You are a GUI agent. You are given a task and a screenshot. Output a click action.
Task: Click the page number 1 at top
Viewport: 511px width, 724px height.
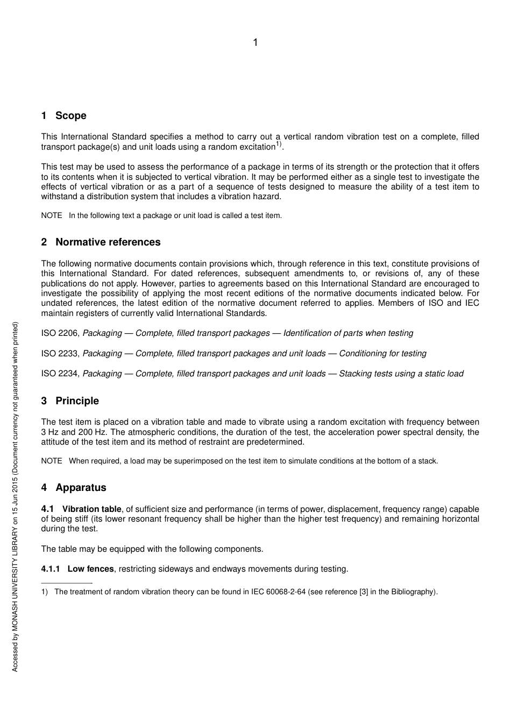coord(256,43)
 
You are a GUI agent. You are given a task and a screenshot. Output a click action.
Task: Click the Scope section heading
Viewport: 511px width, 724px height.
coord(70,116)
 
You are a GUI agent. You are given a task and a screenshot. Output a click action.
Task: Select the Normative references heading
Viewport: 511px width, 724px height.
coord(108,242)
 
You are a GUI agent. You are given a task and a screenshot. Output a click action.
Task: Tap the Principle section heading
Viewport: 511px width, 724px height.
coord(77,401)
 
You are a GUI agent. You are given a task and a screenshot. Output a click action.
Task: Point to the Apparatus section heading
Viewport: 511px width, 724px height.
coord(81,488)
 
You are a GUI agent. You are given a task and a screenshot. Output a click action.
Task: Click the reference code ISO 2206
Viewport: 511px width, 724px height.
coord(60,333)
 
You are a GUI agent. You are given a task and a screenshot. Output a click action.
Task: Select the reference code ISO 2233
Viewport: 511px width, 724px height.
coord(60,354)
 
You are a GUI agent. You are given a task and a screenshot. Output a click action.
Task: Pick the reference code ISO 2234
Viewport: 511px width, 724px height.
coord(60,374)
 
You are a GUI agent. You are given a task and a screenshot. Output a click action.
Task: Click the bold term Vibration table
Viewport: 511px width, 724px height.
coord(92,509)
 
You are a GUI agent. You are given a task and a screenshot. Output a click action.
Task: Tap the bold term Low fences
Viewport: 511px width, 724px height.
coord(90,569)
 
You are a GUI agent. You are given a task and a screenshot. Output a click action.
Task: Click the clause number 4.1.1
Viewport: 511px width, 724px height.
coord(51,569)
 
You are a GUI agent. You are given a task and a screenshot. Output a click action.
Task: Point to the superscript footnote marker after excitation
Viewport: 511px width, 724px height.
coord(279,144)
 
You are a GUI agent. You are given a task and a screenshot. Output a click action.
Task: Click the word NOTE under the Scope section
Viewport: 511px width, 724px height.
coord(52,216)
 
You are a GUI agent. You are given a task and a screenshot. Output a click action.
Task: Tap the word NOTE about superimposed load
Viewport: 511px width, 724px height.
coord(52,461)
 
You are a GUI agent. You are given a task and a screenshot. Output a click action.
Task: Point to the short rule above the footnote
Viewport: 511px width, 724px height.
coord(67,582)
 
